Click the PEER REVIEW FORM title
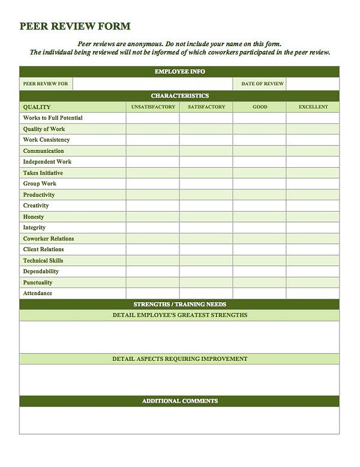click(x=74, y=26)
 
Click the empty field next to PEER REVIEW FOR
click(x=152, y=84)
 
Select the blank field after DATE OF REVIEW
click(x=312, y=84)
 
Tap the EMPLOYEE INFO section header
click(x=179, y=72)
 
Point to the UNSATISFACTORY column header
click(x=152, y=107)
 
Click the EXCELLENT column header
click(x=313, y=107)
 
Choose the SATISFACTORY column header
click(x=206, y=107)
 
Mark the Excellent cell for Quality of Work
click(x=313, y=129)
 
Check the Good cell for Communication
click(x=259, y=151)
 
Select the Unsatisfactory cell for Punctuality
click(x=152, y=282)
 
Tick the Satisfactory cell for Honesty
click(x=206, y=216)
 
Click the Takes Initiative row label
click(x=43, y=173)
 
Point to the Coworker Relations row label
click(x=49, y=239)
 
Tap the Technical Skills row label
click(x=43, y=261)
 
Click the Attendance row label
click(x=37, y=293)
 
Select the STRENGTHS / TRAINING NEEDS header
click(x=179, y=305)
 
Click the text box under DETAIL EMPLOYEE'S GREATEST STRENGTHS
click(x=179, y=338)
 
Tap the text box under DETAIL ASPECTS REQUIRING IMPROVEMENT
click(x=179, y=380)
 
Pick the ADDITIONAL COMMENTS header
click(x=179, y=401)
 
